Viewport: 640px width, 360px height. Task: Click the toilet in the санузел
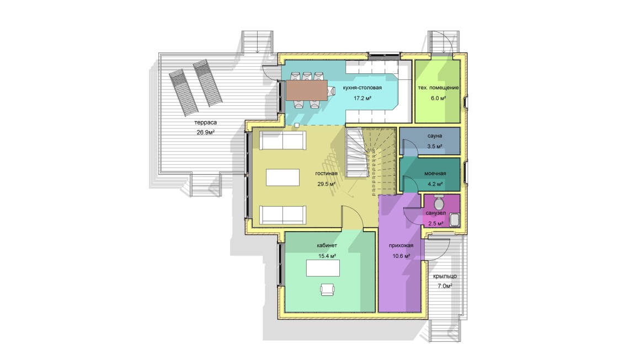[x=439, y=202]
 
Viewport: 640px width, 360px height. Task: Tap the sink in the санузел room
[x=454, y=221]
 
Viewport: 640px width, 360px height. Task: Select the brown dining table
[x=307, y=90]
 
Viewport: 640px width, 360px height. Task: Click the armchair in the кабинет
[x=327, y=289]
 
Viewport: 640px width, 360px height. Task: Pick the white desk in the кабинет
[x=323, y=268]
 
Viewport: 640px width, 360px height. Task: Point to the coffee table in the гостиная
[x=282, y=178]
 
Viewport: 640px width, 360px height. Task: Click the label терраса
[x=206, y=122]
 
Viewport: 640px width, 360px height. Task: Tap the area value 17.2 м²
[x=362, y=98]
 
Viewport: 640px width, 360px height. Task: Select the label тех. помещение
[x=439, y=88]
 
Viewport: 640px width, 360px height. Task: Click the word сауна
[x=435, y=136]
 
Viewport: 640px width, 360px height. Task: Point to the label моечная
[x=435, y=173]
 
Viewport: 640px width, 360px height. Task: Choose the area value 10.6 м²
[x=401, y=256]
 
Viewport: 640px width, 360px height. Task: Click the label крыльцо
[x=445, y=276]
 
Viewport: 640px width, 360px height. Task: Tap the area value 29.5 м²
[x=327, y=184]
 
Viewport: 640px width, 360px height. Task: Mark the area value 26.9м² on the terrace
[x=206, y=132]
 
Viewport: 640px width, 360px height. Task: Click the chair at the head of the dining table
[x=332, y=90]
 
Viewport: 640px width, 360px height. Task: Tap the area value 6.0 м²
[x=439, y=98]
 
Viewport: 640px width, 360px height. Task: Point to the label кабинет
[x=327, y=245]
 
